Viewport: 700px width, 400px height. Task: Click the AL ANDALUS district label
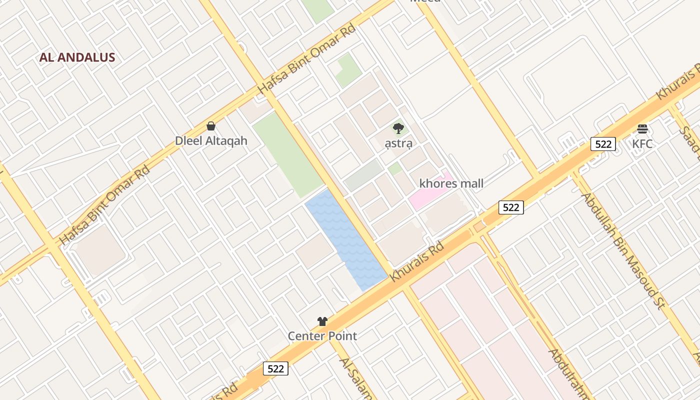click(x=77, y=57)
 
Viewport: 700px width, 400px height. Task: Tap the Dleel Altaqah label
click(x=211, y=140)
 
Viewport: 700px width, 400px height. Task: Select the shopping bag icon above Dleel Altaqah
click(x=211, y=126)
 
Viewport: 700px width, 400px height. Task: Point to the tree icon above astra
click(x=398, y=129)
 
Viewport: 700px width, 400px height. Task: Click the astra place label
click(x=398, y=143)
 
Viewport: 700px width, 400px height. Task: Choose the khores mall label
click(x=451, y=183)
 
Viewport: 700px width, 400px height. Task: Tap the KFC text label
click(x=642, y=144)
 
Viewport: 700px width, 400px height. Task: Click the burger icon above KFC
click(x=642, y=129)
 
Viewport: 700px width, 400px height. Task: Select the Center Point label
click(x=322, y=336)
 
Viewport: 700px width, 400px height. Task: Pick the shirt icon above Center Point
click(x=322, y=321)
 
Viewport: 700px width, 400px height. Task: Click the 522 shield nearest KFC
click(x=603, y=144)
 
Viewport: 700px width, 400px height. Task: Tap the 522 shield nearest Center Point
click(x=275, y=369)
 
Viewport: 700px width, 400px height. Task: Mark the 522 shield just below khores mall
click(x=511, y=207)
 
